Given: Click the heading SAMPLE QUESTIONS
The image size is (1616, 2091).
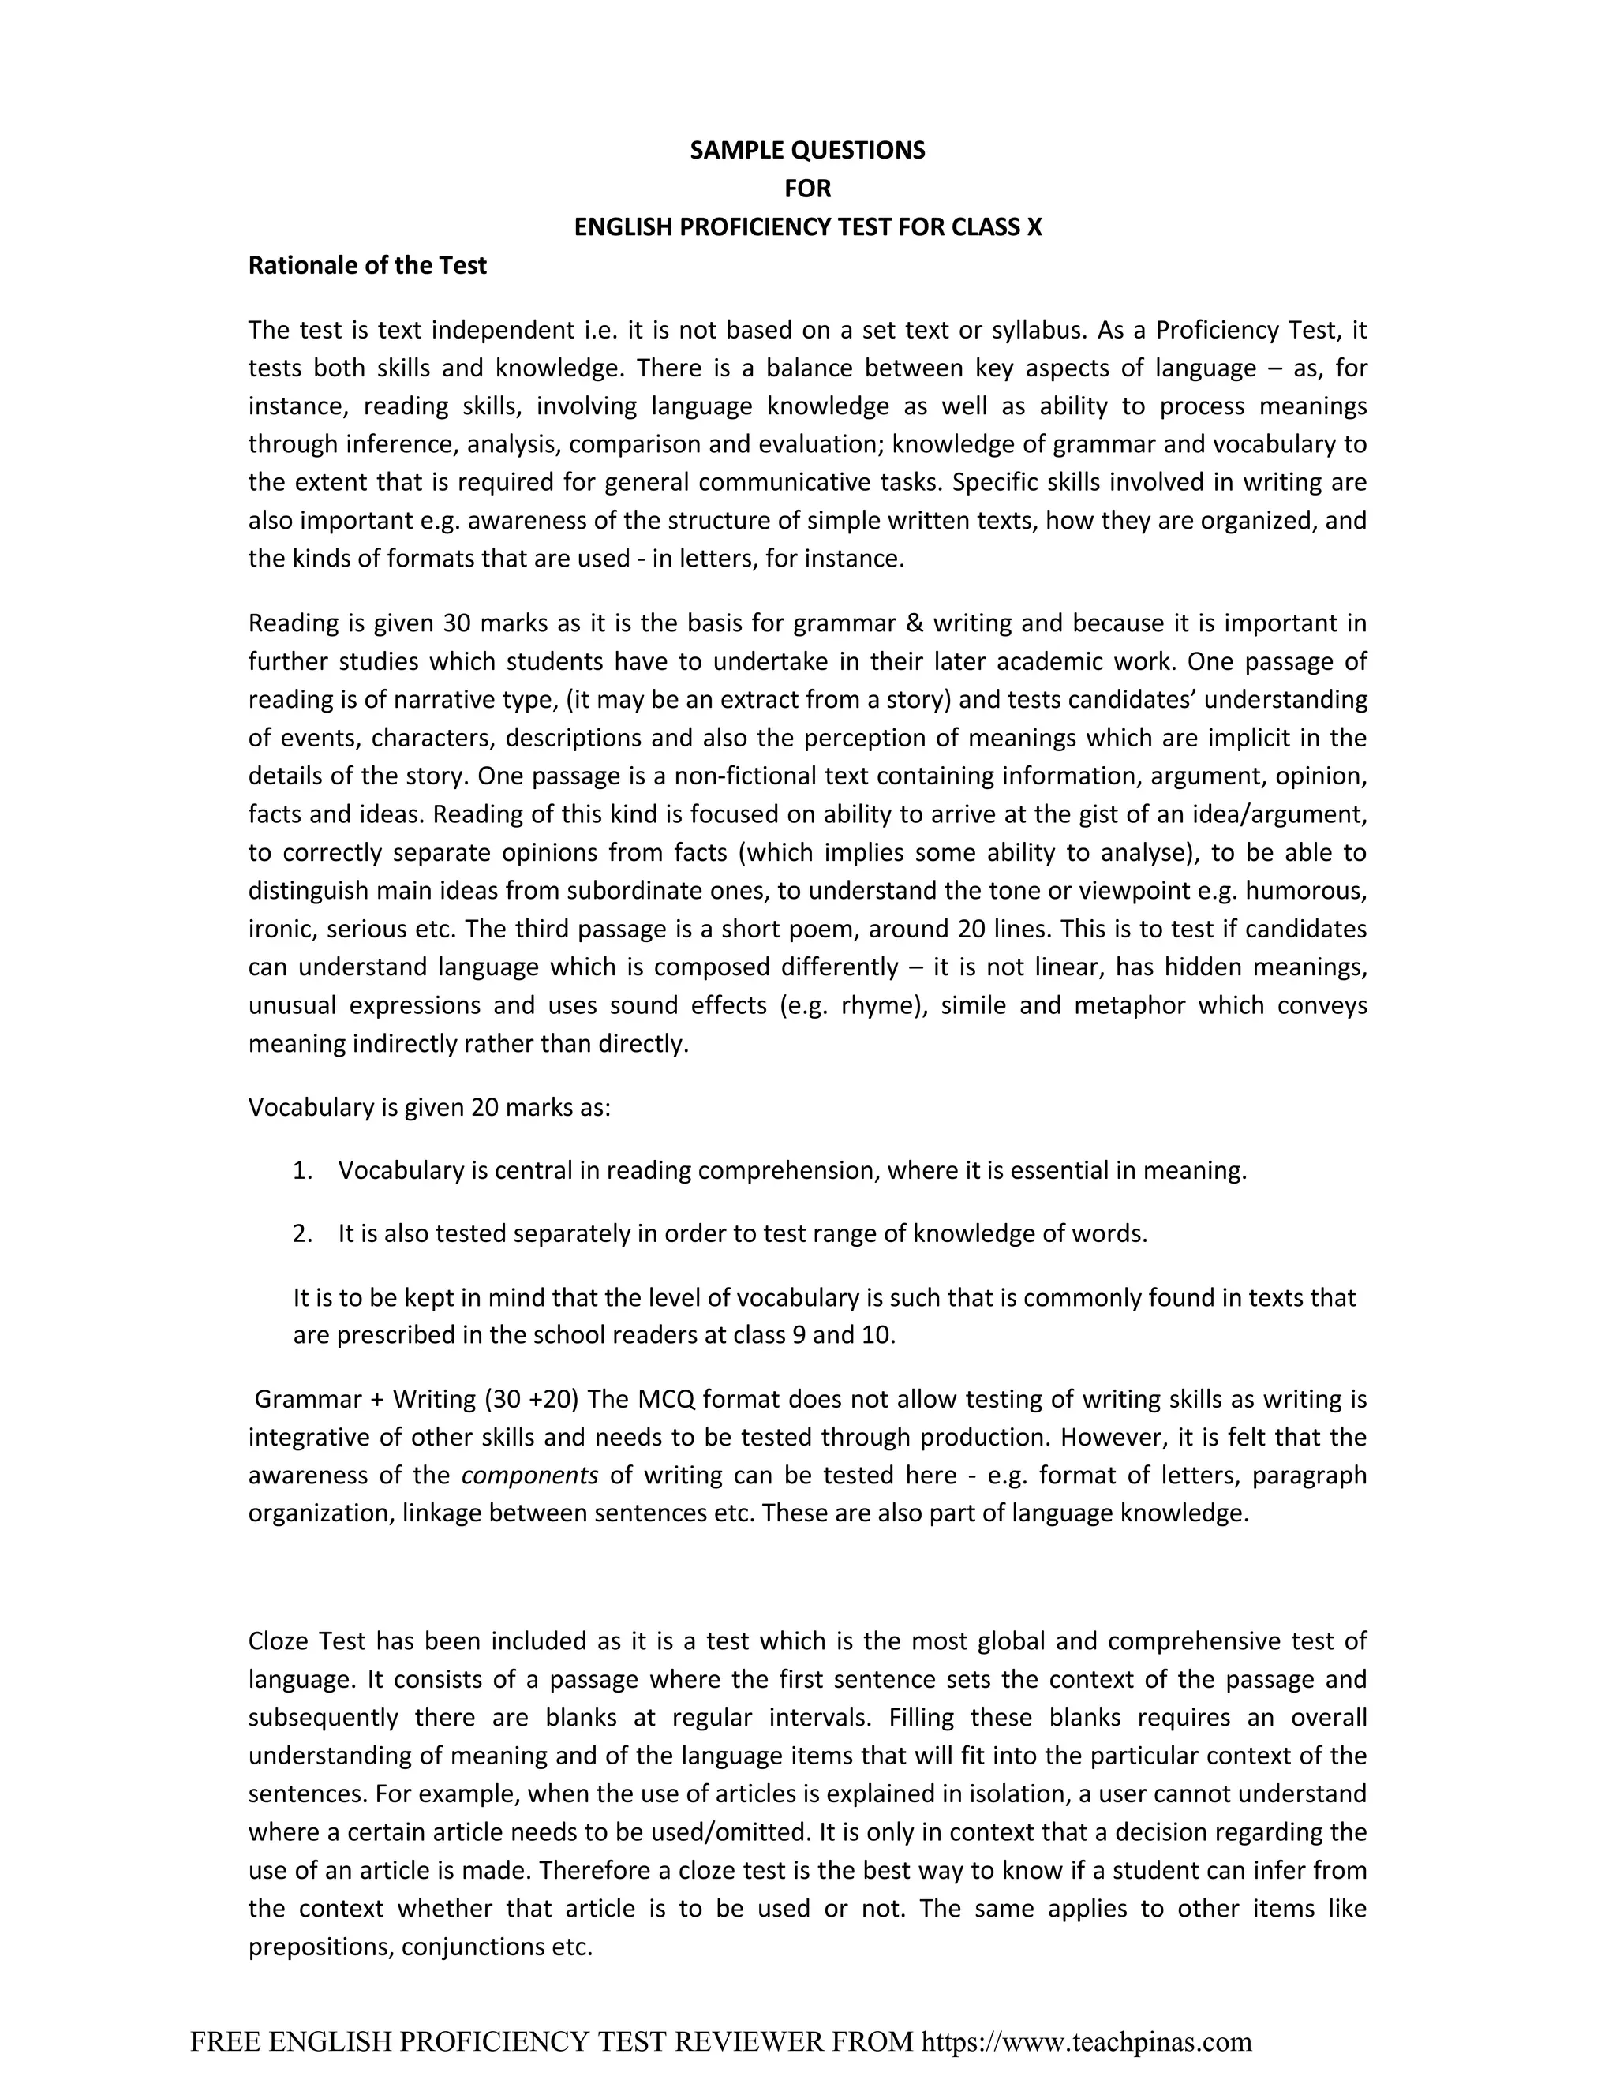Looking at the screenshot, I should pyautogui.click(x=807, y=150).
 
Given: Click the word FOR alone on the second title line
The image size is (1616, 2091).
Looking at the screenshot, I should pyautogui.click(x=807, y=189).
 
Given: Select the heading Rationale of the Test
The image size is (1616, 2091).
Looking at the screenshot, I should pyautogui.click(x=367, y=265).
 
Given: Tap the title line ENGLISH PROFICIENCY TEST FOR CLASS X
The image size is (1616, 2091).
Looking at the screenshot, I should pyautogui.click(x=807, y=227).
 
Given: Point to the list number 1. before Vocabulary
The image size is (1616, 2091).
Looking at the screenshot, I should pyautogui.click(x=302, y=1171).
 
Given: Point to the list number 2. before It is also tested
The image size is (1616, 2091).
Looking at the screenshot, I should pyautogui.click(x=302, y=1234).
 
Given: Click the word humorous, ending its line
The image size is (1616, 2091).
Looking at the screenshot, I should pyautogui.click(x=1315, y=890).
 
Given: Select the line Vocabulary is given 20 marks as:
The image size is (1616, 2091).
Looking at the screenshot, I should pyautogui.click(x=429, y=1108).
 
